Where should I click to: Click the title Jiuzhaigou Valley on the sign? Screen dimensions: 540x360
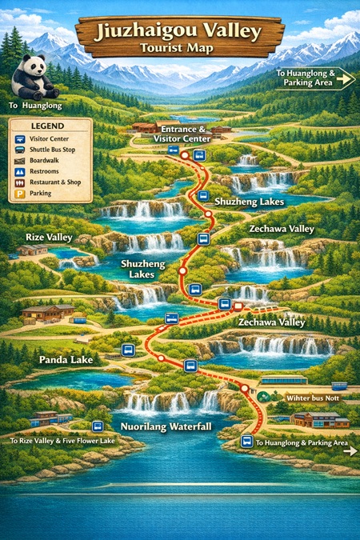pos(178,32)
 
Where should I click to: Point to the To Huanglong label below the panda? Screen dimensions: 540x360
pos(35,105)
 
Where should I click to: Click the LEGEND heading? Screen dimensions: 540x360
pos(38,126)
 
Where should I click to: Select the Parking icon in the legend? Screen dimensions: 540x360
pos(19,194)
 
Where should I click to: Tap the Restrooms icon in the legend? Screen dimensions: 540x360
pos(19,171)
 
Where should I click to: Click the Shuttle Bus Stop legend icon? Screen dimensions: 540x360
pos(19,149)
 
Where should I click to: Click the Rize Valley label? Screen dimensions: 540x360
pos(49,238)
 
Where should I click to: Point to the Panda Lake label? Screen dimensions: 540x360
pos(66,360)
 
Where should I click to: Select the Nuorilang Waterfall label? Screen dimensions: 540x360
pos(166,426)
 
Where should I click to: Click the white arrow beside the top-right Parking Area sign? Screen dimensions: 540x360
pos(346,78)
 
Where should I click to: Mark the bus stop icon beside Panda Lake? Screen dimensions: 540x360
pos(126,350)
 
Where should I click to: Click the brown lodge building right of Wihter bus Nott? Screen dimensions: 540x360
pos(320,419)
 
